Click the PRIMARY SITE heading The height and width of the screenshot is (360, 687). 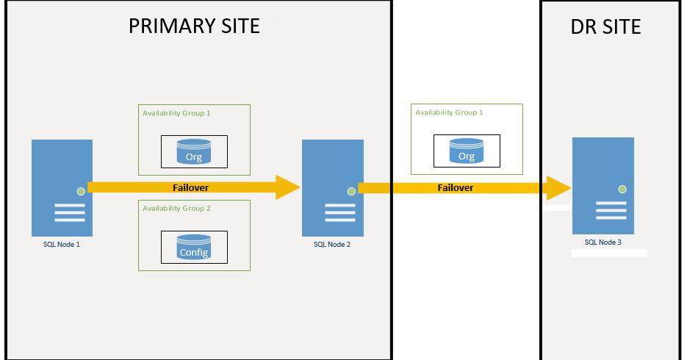tap(194, 26)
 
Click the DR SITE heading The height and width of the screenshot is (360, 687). tap(605, 28)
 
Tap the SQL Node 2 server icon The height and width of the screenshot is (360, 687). tap(332, 187)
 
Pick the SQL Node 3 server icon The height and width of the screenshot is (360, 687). tap(603, 184)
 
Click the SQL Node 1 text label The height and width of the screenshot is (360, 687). tap(61, 244)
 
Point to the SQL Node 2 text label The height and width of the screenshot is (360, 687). tap(332, 244)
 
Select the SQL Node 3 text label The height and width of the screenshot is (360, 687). tap(603, 242)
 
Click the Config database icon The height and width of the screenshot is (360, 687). tap(194, 247)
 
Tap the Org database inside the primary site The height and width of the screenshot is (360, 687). tap(194, 151)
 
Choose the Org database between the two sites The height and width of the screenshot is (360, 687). tap(467, 151)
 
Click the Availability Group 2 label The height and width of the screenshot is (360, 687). tap(177, 209)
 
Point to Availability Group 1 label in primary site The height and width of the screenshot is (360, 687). tap(177, 113)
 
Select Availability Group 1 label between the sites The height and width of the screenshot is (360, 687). tap(450, 112)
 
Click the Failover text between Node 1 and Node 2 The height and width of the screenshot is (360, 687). tap(190, 187)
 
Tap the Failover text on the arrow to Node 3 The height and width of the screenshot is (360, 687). tap(456, 187)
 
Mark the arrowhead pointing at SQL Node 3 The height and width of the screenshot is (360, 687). tap(560, 187)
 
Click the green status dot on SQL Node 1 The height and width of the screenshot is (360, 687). tap(81, 191)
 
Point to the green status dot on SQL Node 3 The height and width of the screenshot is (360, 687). tap(622, 189)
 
